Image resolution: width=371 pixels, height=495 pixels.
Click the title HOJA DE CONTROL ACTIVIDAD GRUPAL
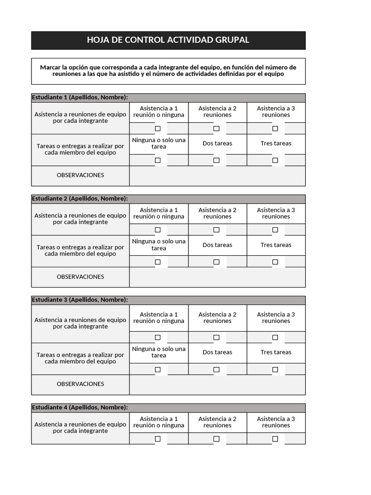click(168, 40)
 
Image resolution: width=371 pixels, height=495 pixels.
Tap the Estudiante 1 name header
click(80, 98)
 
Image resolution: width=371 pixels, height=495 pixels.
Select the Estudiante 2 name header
click(80, 199)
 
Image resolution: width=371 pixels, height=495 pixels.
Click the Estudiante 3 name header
click(80, 300)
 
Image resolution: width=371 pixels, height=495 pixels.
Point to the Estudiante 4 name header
click(80, 408)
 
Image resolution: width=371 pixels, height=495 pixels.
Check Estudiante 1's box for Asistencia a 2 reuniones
click(216, 129)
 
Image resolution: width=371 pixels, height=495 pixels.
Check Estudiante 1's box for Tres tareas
click(275, 160)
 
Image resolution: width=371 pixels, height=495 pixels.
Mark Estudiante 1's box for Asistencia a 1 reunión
click(158, 129)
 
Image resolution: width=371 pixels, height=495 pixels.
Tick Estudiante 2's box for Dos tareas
click(216, 262)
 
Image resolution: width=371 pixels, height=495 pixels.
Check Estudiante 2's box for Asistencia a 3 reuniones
click(275, 230)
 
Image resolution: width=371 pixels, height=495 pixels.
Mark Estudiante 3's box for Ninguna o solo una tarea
click(158, 369)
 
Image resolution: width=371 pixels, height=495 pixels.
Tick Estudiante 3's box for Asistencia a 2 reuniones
click(216, 337)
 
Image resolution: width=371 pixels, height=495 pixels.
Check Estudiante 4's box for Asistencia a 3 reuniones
click(275, 439)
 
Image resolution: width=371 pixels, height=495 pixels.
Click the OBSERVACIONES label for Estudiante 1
click(80, 175)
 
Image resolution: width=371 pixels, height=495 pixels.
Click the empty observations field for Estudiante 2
click(217, 277)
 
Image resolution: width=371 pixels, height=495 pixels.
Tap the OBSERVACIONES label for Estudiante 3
click(80, 384)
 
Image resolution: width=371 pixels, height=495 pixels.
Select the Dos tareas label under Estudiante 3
click(217, 352)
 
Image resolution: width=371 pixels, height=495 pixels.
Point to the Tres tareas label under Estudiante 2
click(276, 245)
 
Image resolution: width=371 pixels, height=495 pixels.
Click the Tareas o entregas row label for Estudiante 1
click(80, 149)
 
